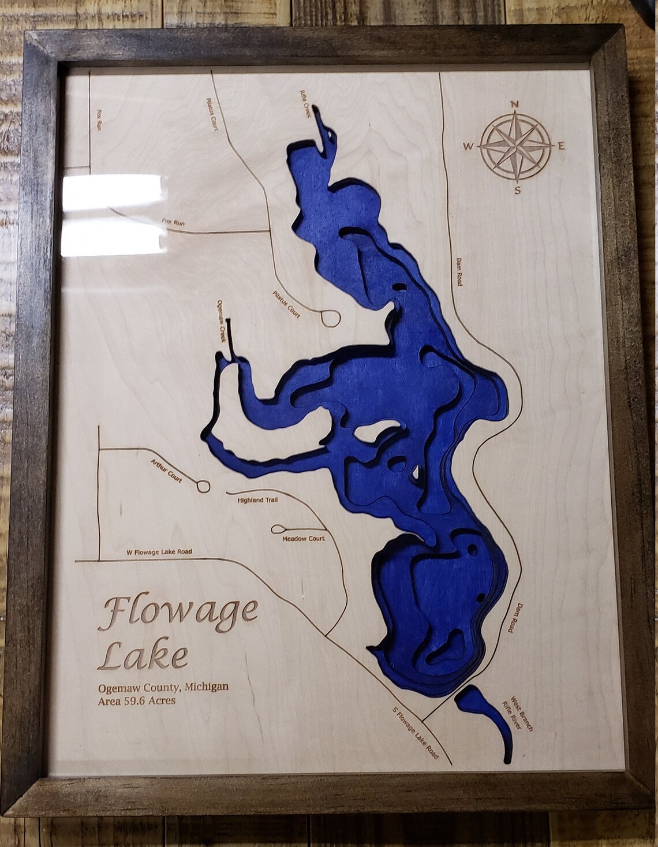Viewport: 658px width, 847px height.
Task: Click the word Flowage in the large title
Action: (178, 614)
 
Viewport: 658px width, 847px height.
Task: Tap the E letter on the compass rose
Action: (560, 147)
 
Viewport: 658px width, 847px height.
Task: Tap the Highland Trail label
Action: (257, 500)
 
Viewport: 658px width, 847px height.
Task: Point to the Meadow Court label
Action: (303, 539)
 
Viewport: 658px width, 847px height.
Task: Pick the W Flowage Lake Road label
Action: (159, 552)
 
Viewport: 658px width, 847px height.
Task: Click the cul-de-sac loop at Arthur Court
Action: (203, 487)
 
